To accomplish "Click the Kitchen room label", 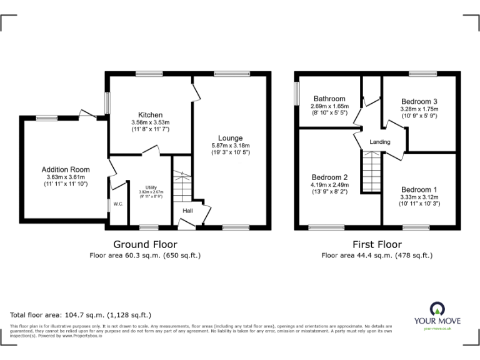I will tap(151, 115).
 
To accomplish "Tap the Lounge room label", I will tap(230, 138).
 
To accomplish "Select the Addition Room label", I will tap(66, 169).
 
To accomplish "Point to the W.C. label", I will tap(117, 204).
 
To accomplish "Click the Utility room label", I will tap(151, 187).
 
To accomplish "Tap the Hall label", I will tap(187, 211).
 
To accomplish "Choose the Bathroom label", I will tap(329, 99).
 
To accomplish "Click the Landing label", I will tap(379, 142).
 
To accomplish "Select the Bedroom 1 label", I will tap(419, 190).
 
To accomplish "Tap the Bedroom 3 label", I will tap(419, 102).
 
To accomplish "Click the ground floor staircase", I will tap(181, 185).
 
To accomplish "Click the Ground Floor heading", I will tap(144, 244).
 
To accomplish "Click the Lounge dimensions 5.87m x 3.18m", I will tap(230, 146).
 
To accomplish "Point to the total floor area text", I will tap(81, 314).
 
